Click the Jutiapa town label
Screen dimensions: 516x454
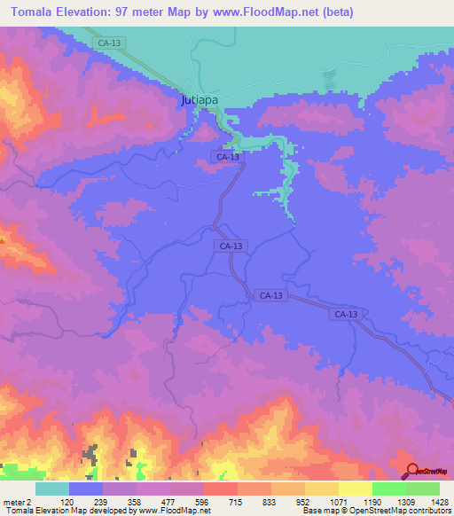click(200, 101)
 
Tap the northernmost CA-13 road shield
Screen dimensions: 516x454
click(109, 42)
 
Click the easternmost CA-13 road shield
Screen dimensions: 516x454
click(347, 315)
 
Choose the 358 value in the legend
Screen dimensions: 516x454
click(137, 501)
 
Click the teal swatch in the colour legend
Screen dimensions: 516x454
click(51, 489)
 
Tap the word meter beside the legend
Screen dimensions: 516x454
click(15, 501)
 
